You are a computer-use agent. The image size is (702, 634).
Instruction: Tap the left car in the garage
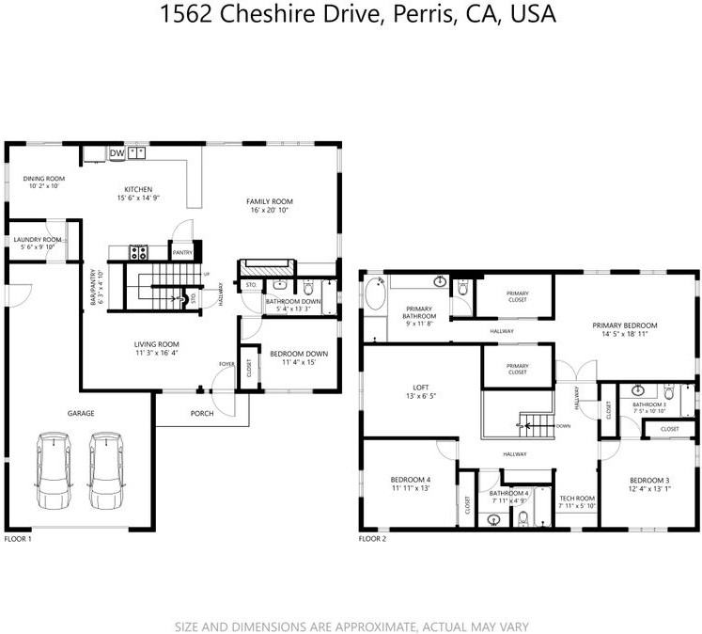54,470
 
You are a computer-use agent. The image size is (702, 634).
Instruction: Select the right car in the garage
106,470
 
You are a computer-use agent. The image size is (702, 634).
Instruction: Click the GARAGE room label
80,412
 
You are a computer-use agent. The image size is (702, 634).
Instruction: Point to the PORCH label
202,413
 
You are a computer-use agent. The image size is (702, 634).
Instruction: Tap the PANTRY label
182,252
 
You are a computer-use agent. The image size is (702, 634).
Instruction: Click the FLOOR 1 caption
18,539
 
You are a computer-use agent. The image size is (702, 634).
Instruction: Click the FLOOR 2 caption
372,539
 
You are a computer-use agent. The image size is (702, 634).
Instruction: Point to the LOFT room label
421,386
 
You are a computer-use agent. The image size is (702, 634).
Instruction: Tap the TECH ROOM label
576,498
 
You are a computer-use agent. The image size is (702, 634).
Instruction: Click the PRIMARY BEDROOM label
624,325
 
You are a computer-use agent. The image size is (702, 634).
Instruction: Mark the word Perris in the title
420,14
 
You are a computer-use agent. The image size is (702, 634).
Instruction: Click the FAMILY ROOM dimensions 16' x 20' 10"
270,211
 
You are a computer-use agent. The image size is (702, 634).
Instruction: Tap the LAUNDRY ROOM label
38,239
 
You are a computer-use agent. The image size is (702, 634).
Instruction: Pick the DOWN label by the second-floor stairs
563,425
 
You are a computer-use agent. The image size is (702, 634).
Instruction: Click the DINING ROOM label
43,178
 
